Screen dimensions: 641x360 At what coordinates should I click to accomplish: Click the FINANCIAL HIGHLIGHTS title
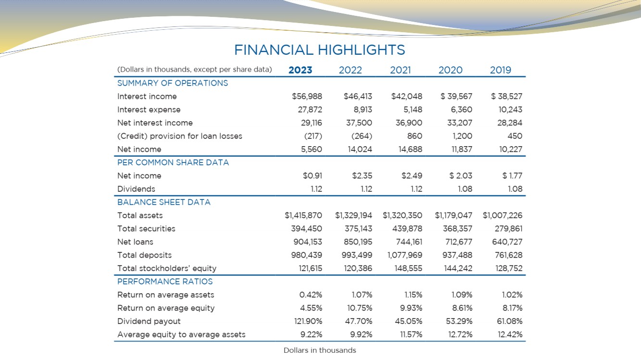pos(320,50)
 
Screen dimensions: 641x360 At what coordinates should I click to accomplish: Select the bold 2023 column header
pos(300,70)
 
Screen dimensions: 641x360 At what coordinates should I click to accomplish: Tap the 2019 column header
pos(501,70)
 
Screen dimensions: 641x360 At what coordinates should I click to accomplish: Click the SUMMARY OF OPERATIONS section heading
pos(173,83)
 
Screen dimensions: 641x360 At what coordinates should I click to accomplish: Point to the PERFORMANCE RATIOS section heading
pos(165,282)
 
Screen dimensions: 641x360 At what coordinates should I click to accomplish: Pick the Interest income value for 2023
pos(307,96)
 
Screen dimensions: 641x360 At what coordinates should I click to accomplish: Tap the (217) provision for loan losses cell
pos(313,136)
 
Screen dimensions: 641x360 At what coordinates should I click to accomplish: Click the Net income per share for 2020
pos(461,175)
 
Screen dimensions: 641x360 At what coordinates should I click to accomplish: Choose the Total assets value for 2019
pos(503,215)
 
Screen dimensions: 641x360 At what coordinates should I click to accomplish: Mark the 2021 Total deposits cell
pos(405,255)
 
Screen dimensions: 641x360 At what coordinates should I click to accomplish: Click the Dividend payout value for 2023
pos(308,322)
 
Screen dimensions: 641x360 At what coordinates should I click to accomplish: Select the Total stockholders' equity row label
pos(167,269)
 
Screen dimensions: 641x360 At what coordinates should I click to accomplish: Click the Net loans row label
pos(135,242)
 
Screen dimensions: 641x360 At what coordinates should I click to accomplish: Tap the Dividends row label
pos(136,189)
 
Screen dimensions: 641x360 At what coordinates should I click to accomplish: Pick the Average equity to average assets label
pos(181,335)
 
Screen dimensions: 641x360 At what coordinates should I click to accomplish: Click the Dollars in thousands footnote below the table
pos(320,350)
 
